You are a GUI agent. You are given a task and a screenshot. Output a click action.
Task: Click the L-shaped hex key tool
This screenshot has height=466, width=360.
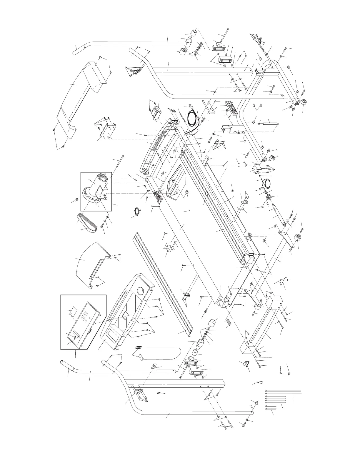point(246,365)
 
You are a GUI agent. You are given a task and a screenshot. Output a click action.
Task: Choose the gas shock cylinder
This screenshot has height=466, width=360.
point(269,124)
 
